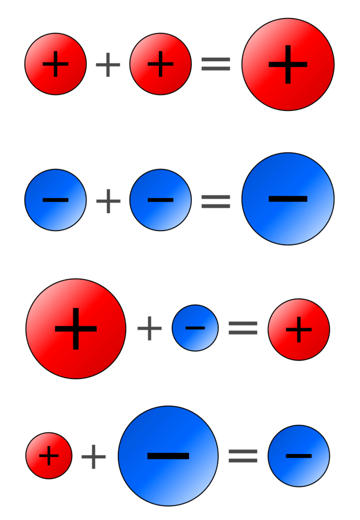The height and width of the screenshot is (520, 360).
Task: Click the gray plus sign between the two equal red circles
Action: click(x=108, y=65)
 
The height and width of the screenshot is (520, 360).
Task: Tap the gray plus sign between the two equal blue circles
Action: click(x=108, y=201)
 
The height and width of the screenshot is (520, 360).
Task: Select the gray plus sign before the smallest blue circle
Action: click(x=149, y=328)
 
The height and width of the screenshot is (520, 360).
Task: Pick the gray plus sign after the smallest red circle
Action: click(x=94, y=457)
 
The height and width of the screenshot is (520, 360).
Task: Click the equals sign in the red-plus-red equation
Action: click(x=216, y=64)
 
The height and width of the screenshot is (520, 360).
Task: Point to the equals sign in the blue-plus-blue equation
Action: click(x=216, y=201)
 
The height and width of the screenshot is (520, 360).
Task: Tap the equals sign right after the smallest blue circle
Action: click(x=243, y=328)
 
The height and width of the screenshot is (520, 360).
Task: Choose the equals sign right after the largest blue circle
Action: click(x=243, y=456)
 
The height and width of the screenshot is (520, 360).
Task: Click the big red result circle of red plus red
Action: click(x=288, y=64)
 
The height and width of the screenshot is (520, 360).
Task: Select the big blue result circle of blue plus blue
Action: click(x=288, y=199)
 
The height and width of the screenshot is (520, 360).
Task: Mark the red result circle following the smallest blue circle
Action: click(x=299, y=329)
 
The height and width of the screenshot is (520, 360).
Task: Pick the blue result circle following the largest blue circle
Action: click(x=299, y=456)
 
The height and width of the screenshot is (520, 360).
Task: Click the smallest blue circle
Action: click(x=195, y=328)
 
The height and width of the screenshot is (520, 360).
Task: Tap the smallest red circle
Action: click(x=49, y=456)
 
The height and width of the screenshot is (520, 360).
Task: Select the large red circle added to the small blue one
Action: click(x=76, y=329)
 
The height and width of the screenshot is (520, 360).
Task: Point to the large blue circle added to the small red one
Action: click(x=168, y=456)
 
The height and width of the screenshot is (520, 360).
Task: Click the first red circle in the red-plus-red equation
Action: click(x=55, y=64)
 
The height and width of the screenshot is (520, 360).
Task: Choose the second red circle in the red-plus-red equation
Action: click(x=161, y=64)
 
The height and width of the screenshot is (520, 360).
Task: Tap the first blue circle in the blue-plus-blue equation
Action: click(x=55, y=200)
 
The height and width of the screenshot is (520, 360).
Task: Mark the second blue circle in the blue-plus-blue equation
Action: click(x=161, y=200)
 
